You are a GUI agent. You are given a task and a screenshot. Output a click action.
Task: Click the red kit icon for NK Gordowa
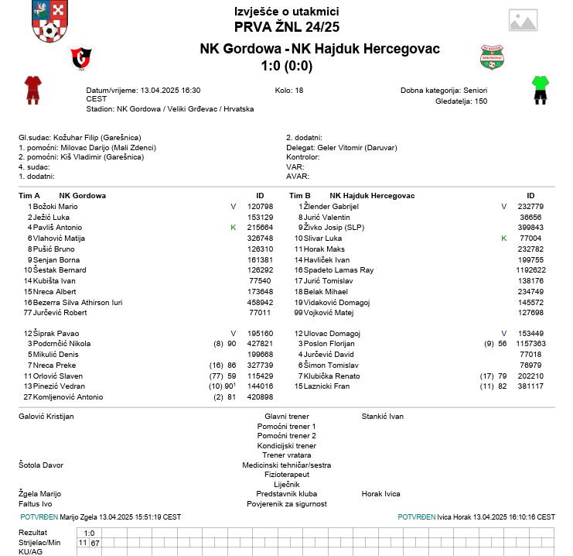[32, 89]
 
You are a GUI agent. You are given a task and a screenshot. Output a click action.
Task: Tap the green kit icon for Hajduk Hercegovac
[541, 89]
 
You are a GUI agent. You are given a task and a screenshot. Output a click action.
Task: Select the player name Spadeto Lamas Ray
[344, 270]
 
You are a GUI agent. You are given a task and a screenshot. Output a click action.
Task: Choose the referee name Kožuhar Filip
[75, 137]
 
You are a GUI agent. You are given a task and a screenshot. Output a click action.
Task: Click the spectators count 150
[481, 101]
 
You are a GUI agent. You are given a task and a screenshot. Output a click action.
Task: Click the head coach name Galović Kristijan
[46, 417]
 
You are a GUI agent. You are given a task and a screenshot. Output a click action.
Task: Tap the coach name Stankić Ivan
[383, 417]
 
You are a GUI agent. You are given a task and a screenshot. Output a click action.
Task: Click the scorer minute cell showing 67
[95, 543]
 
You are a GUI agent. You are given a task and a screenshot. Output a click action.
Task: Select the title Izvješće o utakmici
[286, 11]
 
